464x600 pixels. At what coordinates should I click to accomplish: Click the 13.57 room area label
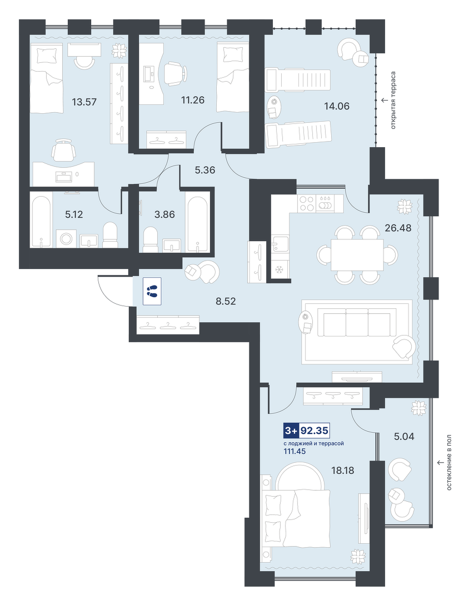coord(84,102)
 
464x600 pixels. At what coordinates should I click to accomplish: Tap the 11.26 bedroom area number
coord(193,100)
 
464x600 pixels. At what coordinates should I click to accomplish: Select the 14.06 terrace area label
coord(337,106)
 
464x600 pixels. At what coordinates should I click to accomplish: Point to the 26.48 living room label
coord(398,228)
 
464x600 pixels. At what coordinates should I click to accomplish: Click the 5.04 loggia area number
coord(405,437)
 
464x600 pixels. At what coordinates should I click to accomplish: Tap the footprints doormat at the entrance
coord(152,292)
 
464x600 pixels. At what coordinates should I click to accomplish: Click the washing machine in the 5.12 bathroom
coord(66,239)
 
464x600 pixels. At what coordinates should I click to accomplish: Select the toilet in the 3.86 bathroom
coord(150,239)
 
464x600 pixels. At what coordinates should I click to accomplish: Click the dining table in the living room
coord(357,255)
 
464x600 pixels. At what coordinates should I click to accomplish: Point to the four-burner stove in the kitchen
coord(306,203)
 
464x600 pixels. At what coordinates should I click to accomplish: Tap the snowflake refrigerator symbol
coord(278,270)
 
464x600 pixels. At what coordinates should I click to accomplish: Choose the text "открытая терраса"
coord(393,100)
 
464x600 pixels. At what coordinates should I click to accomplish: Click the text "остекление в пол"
coord(449,462)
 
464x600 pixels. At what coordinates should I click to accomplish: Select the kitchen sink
coord(280,244)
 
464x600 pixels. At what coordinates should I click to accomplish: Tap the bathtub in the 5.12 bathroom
coord(41,222)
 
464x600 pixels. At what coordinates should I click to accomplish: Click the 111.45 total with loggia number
coord(295,452)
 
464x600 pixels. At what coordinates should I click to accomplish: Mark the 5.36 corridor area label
coord(205,170)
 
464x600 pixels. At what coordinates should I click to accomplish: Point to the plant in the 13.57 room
coord(119,51)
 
